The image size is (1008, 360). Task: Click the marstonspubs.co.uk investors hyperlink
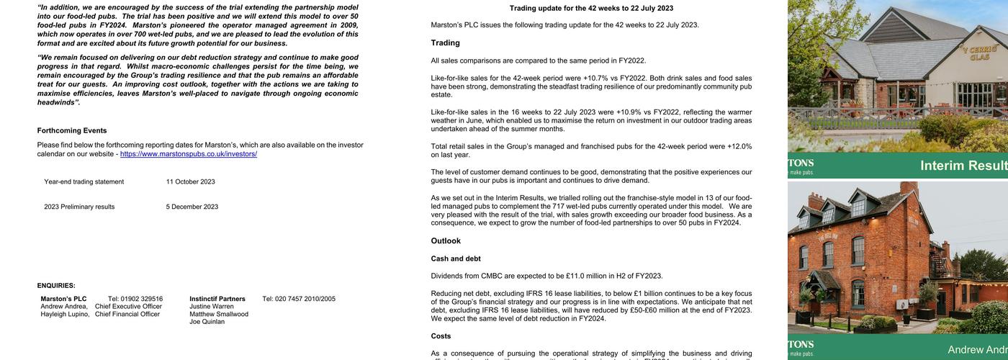(x=189, y=154)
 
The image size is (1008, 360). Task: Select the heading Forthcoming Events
(x=72, y=130)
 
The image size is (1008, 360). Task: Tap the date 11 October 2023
(x=190, y=181)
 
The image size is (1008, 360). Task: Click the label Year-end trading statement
(x=84, y=181)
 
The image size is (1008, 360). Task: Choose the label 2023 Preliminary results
(x=79, y=207)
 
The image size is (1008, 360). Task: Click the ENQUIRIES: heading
(x=56, y=286)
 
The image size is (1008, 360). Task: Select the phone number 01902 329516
(x=142, y=299)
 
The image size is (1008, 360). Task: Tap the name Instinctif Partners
(x=217, y=299)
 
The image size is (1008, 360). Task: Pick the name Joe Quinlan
(x=207, y=322)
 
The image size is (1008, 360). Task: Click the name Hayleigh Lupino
(x=65, y=314)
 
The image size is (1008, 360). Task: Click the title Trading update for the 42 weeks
(x=591, y=9)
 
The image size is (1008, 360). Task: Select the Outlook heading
(x=446, y=241)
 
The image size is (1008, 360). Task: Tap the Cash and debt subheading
(x=456, y=258)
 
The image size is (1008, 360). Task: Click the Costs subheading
(x=441, y=336)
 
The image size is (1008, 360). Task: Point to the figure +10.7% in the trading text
(x=596, y=78)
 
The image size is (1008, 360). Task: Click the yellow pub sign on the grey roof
(x=978, y=53)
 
